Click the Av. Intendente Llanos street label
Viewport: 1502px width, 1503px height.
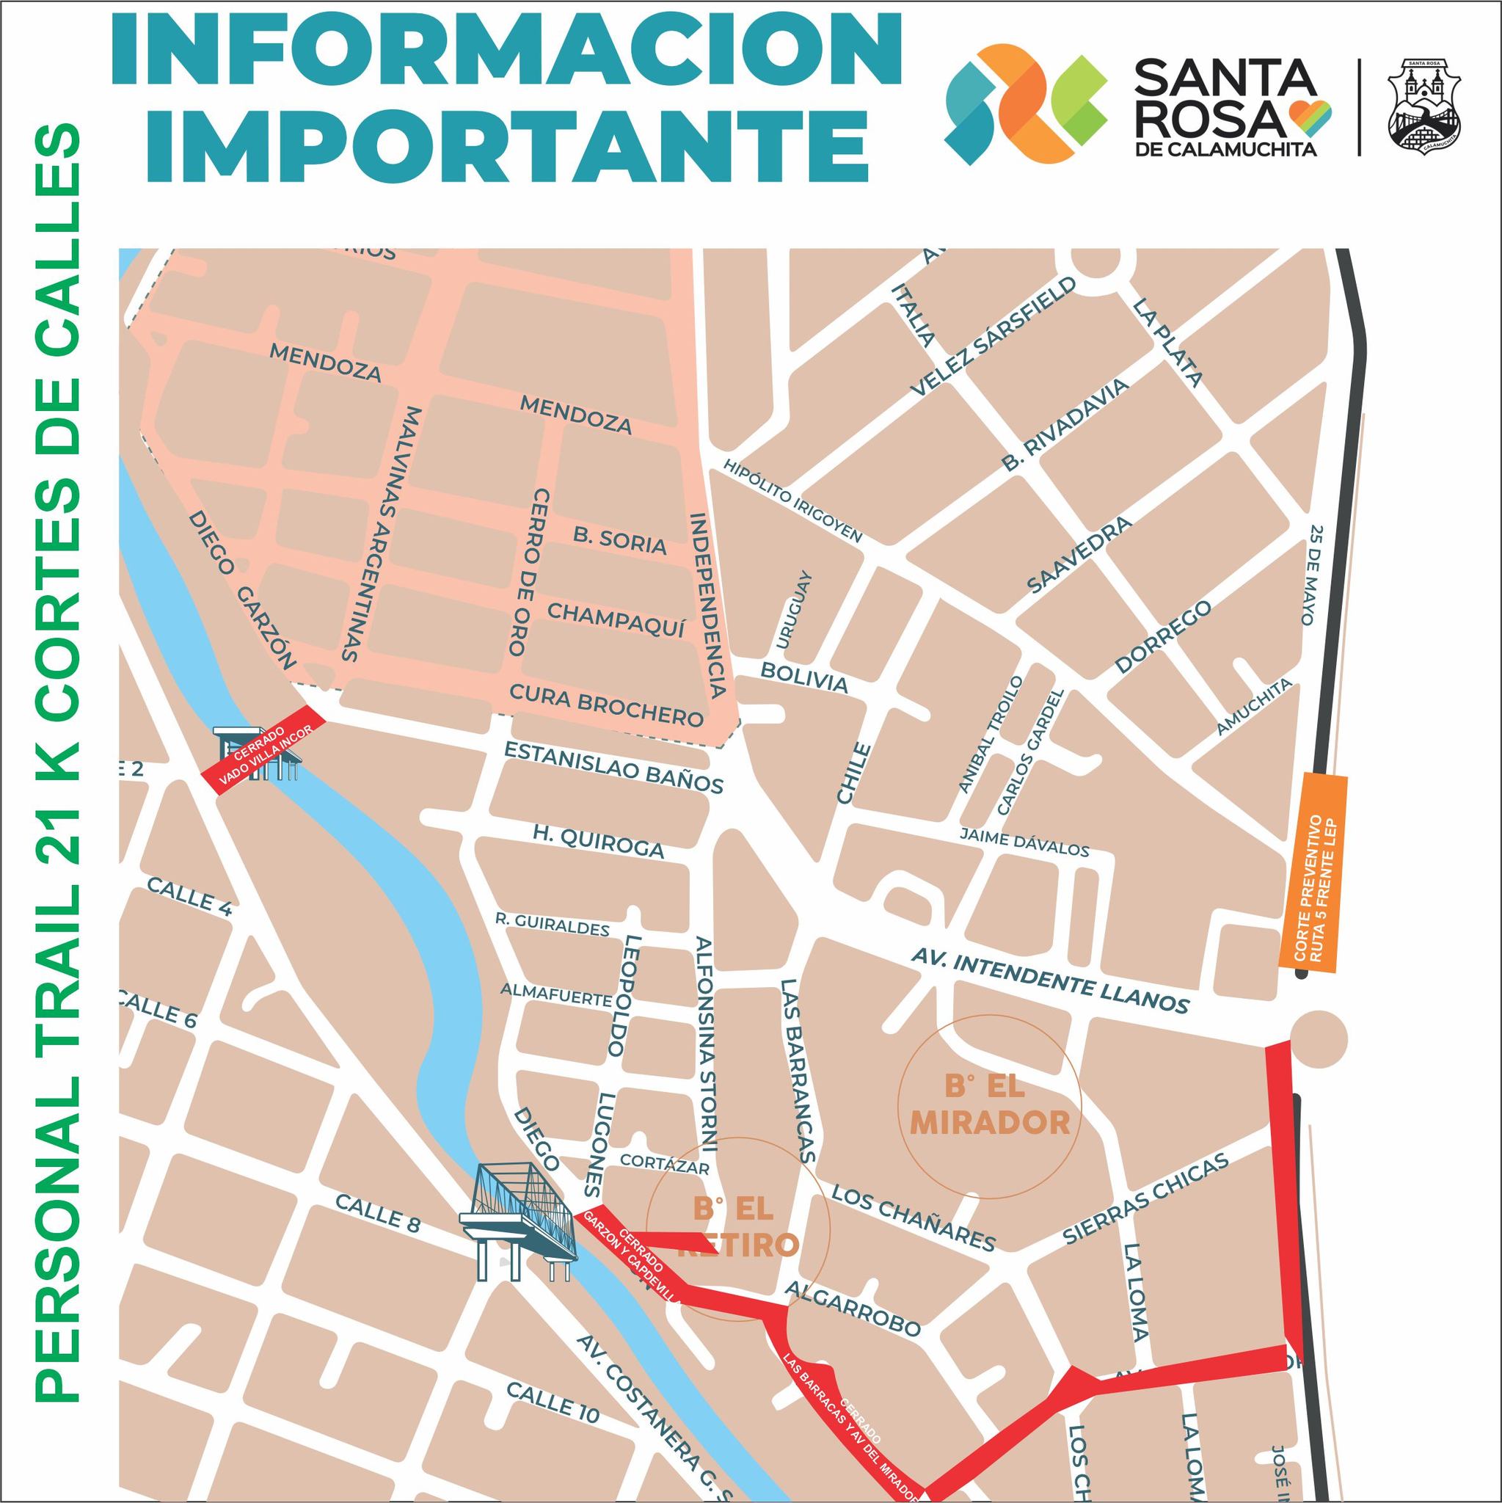pos(1049,984)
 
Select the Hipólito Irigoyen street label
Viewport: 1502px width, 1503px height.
pos(792,501)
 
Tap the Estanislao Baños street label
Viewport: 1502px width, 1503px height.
pos(613,767)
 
